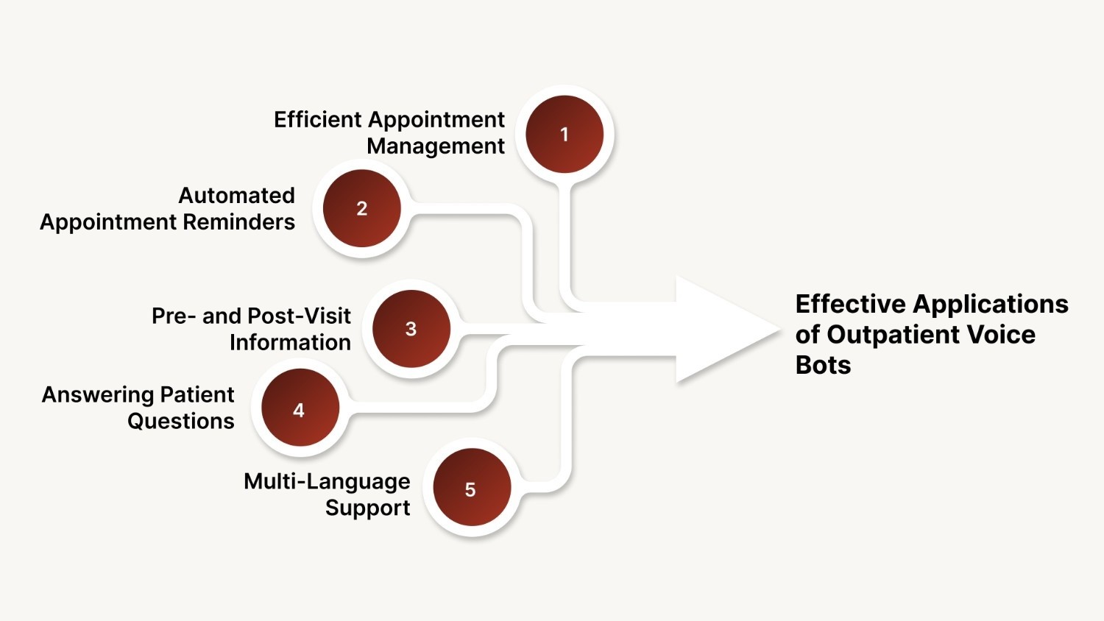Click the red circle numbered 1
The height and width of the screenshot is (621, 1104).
(x=565, y=134)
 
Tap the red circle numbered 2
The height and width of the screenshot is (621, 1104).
(x=361, y=208)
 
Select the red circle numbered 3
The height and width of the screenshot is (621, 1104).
(x=411, y=329)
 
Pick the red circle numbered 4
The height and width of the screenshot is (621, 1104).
(x=299, y=410)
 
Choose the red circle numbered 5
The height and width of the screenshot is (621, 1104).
(x=471, y=489)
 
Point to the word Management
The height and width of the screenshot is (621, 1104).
(x=436, y=146)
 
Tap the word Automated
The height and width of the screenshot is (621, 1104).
(x=236, y=195)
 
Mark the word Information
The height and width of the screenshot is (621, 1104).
(x=290, y=342)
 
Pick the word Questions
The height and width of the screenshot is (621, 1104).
(x=180, y=421)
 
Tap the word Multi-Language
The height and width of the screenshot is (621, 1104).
(x=327, y=482)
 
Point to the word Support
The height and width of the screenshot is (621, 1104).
(x=367, y=508)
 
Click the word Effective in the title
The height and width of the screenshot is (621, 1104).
(x=850, y=304)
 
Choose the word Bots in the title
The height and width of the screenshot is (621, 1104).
(x=823, y=365)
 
